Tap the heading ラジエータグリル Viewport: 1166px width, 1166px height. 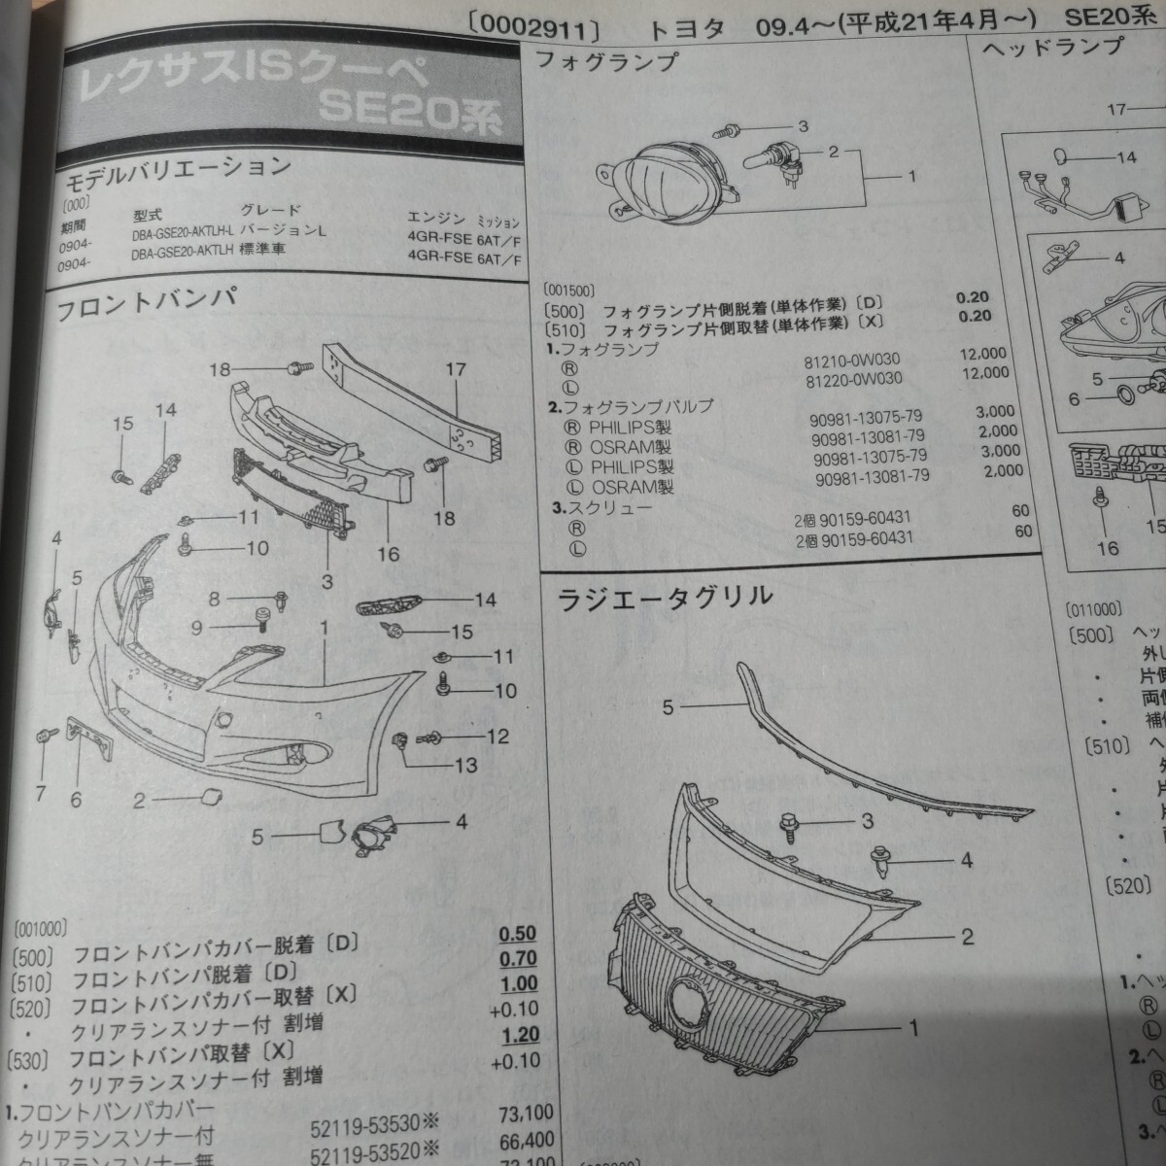(665, 597)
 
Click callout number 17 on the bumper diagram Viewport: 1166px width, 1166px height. (456, 369)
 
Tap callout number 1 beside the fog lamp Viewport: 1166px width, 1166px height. (911, 177)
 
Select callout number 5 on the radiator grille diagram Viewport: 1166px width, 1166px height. (668, 707)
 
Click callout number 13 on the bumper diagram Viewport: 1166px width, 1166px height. (465, 766)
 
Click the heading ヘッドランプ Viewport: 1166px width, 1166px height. (1053, 46)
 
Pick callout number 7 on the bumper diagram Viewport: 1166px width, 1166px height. (40, 795)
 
